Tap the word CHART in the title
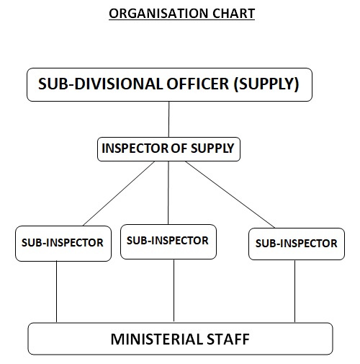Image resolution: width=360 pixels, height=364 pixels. coord(233,14)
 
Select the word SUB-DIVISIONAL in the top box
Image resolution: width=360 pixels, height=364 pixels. coord(101,84)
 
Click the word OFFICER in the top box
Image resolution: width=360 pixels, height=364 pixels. coord(198,84)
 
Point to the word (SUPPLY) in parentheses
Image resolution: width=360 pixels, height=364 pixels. coord(266,84)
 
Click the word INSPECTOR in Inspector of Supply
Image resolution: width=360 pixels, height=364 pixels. coord(135,148)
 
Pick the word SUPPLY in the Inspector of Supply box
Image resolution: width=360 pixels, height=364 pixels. coord(212,148)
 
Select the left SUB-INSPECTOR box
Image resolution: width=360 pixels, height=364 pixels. coord(63,244)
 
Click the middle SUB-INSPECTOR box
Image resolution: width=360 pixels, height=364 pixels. coord(168,241)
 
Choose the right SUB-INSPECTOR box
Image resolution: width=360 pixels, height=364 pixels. coord(297,244)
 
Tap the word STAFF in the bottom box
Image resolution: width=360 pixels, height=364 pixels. coord(228,339)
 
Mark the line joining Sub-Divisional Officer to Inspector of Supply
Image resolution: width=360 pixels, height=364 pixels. coord(169,119)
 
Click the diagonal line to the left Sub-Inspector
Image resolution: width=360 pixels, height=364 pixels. coord(119,193)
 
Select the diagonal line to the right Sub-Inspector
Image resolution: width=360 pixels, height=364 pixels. coord(230,195)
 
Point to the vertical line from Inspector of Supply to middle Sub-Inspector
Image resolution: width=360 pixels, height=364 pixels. coord(168,193)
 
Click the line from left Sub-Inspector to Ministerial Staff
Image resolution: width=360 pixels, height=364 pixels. coord(57,292)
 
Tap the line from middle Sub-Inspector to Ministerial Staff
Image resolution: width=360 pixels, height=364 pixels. coord(174,290)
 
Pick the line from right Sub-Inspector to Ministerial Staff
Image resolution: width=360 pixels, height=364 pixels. coord(294,291)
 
